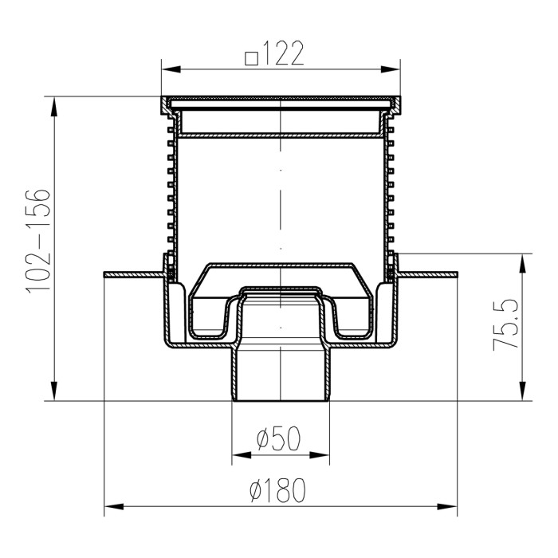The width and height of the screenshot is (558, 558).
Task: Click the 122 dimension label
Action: click(284, 53)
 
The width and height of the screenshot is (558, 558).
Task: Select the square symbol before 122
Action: click(252, 59)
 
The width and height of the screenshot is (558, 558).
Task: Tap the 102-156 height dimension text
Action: click(37, 242)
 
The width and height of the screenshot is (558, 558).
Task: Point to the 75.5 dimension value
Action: click(505, 325)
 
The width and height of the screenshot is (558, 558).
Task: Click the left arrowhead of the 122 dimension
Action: click(171, 69)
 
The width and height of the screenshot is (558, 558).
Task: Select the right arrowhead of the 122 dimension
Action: click(391, 69)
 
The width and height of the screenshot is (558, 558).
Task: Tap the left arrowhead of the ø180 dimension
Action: click(113, 507)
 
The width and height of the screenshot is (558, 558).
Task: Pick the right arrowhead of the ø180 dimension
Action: click(447, 507)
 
